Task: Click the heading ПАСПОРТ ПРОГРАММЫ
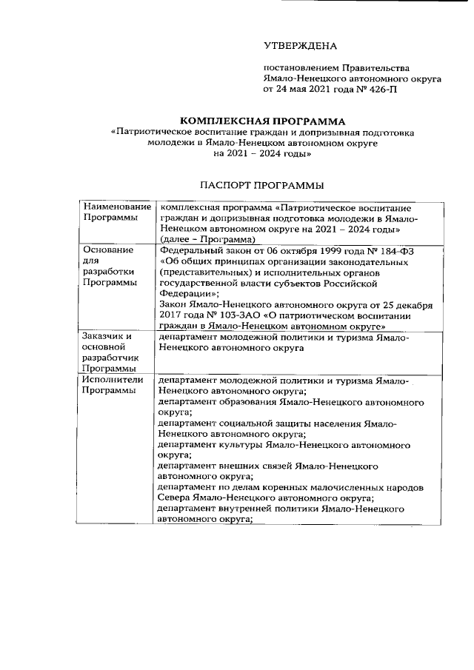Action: click(x=263, y=184)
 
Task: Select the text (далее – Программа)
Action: click(x=207, y=239)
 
